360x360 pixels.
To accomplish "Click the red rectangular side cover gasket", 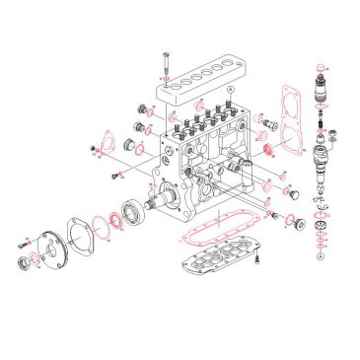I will (293, 111).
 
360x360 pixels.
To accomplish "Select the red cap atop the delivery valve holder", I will (321, 77).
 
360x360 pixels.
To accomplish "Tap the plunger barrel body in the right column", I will (322, 158).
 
